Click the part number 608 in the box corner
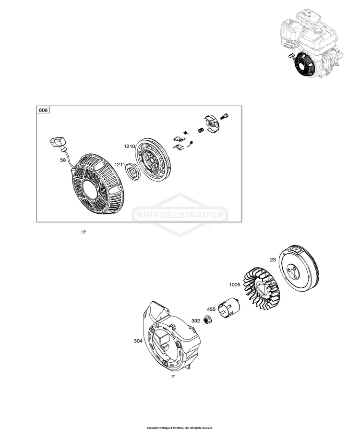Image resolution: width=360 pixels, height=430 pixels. coord(43,110)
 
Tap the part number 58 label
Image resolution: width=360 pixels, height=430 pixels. coord(63,161)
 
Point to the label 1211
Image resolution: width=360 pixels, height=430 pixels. coord(120,165)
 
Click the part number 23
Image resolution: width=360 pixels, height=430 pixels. coord(273,260)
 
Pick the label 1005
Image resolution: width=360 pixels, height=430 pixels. coord(235,285)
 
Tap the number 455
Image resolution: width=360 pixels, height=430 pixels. coord(211,309)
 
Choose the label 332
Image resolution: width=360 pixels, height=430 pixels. coord(196,320)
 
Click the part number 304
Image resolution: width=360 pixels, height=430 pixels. coord(138,341)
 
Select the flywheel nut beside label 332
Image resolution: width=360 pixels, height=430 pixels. coord(208,319)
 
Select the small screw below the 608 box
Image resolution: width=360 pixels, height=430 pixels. coord(83,233)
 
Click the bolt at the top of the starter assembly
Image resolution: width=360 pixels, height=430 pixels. coord(227,115)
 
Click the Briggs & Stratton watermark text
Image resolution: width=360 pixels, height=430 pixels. coord(180,215)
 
